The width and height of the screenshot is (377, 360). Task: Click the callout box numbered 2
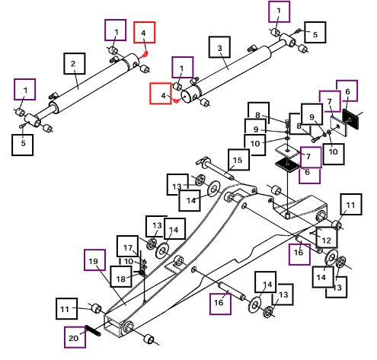pos(74,63)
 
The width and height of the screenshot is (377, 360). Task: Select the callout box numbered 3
pos(219,47)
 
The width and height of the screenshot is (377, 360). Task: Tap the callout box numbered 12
pos(327,237)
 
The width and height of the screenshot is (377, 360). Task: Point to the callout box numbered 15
pos(238,160)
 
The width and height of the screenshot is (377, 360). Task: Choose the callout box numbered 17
pos(128,246)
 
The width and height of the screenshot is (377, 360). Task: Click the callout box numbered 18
pos(121,276)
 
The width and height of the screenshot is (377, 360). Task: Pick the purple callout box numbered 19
pos(94,260)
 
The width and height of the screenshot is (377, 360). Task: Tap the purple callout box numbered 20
pos(75,337)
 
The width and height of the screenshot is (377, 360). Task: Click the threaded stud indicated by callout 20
pos(93,331)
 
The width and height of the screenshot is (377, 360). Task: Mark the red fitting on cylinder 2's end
pos(145,54)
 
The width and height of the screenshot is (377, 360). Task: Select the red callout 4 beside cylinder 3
pos(161,94)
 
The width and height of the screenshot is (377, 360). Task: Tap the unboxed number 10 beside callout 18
pos(129,261)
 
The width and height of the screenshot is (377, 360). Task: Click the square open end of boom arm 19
pos(113,326)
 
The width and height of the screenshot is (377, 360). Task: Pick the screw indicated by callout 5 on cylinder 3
pos(298,31)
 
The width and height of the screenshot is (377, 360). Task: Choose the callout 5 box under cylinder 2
pos(22,145)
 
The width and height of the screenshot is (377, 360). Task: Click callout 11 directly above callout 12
pos(351,205)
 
